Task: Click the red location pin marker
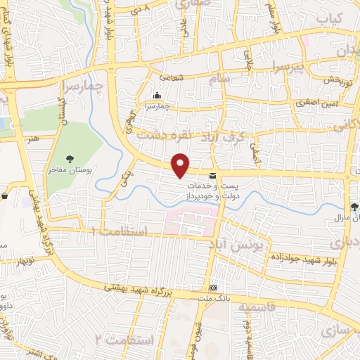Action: click(x=181, y=165)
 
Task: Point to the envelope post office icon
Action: click(x=212, y=173)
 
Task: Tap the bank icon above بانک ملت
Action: click(x=214, y=288)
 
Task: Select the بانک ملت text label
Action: click(x=214, y=298)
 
